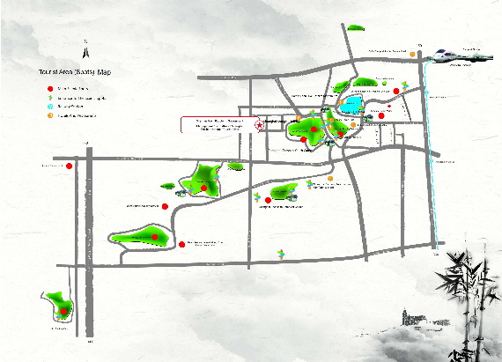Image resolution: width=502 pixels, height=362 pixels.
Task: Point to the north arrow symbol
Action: coord(85,41)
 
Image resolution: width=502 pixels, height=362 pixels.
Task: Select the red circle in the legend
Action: coord(49,88)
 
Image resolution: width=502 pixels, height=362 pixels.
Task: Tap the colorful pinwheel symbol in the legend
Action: coord(49,97)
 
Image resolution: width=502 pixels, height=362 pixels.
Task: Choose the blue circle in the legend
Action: coord(49,106)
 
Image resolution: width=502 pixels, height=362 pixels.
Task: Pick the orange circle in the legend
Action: coord(49,115)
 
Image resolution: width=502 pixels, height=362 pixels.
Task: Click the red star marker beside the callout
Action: coord(260,125)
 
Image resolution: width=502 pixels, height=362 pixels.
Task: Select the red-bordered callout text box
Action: coord(215,124)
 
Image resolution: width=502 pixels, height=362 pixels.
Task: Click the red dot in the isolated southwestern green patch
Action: coord(63,312)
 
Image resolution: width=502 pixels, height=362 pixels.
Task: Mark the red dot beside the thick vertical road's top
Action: coord(70,163)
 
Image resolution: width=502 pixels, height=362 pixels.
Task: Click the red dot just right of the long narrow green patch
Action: coord(181,244)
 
